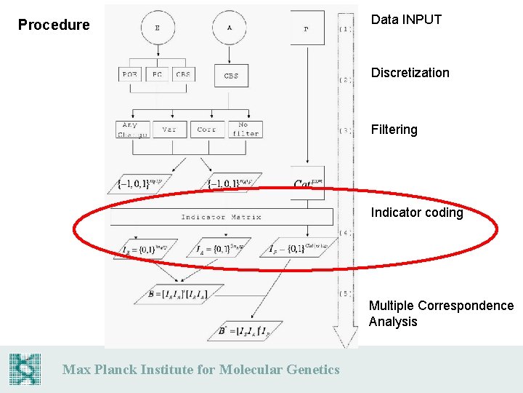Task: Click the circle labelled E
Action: pyautogui.click(x=158, y=28)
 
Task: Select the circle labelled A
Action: pyautogui.click(x=230, y=28)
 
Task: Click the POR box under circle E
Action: pyautogui.click(x=130, y=74)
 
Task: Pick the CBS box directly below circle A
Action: pyautogui.click(x=231, y=76)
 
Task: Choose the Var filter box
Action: pyautogui.click(x=169, y=129)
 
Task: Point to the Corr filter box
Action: pyautogui.click(x=207, y=129)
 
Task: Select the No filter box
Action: pyautogui.click(x=243, y=129)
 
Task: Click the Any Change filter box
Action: pyautogui.click(x=131, y=129)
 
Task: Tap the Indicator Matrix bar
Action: pyautogui.click(x=221, y=216)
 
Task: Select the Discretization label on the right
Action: pyautogui.click(x=410, y=73)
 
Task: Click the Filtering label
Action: pyautogui.click(x=394, y=130)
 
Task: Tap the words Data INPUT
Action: pyautogui.click(x=406, y=20)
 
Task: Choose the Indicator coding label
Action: pyautogui.click(x=416, y=213)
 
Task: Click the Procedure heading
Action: pyautogui.click(x=54, y=25)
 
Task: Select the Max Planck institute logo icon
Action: pyautogui.click(x=25, y=369)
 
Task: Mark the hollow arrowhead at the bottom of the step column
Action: pyautogui.click(x=346, y=338)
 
